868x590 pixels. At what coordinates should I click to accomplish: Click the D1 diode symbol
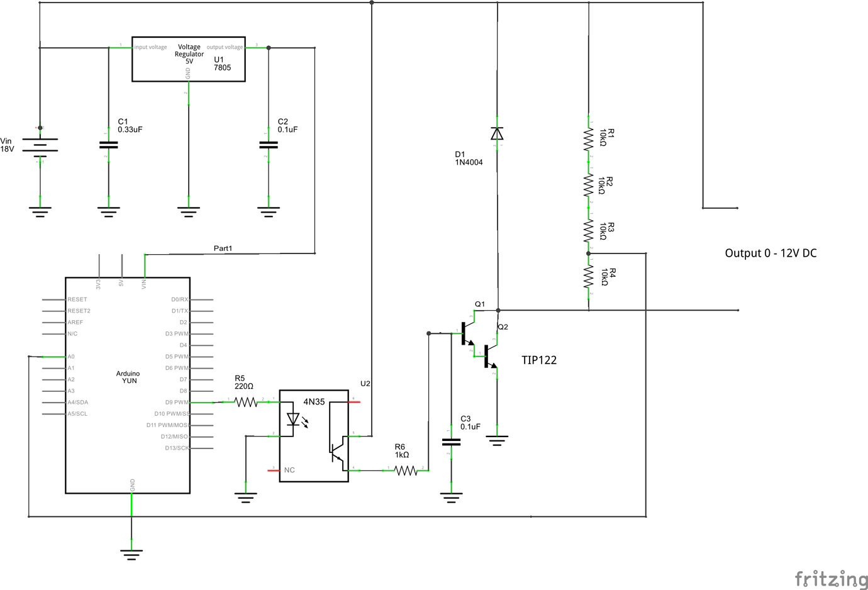point(497,133)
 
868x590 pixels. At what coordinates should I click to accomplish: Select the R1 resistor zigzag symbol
point(589,138)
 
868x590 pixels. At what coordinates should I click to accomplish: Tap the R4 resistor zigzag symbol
point(589,277)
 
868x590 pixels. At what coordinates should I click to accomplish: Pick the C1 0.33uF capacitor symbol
point(108,145)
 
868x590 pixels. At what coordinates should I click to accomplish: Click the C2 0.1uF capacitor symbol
point(269,145)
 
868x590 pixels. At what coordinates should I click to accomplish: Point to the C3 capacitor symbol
point(451,442)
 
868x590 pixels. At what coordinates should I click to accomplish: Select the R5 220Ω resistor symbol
point(246,401)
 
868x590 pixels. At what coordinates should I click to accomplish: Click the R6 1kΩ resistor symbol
point(406,470)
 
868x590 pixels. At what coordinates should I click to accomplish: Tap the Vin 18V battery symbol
point(40,146)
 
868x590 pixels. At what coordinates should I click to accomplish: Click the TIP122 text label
point(538,360)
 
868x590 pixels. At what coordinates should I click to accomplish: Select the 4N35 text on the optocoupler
point(314,402)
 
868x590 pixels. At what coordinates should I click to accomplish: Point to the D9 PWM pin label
point(176,402)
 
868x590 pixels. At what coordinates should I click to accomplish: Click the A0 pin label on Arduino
point(71,357)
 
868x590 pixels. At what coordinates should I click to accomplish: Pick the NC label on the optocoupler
point(289,470)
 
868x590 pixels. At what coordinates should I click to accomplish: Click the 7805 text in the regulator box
point(222,68)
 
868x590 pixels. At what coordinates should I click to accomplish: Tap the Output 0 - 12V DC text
point(771,253)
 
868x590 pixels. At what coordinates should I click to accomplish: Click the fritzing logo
point(830,579)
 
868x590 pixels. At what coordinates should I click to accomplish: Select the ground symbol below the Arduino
point(131,554)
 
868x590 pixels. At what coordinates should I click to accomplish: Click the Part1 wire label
point(223,248)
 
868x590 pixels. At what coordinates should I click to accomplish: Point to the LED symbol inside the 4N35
point(293,419)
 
